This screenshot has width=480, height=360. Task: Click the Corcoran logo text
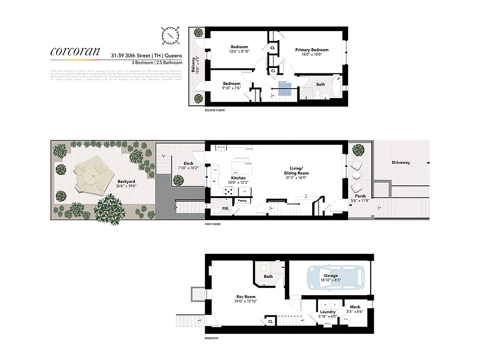(x=75, y=51)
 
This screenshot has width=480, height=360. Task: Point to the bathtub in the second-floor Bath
(x=336, y=87)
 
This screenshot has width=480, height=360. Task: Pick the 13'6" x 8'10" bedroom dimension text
(x=240, y=52)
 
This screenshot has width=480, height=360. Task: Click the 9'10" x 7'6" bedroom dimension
(x=232, y=88)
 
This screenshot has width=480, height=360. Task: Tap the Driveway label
(x=400, y=162)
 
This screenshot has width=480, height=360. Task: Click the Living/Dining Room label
(x=296, y=173)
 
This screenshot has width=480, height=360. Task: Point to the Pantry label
(x=242, y=201)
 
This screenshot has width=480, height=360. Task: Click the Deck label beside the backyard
(x=188, y=163)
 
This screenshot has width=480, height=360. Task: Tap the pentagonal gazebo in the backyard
(x=94, y=175)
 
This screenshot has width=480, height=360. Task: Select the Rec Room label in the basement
(x=246, y=297)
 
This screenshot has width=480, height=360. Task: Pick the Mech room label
(x=355, y=307)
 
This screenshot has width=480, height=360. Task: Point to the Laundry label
(x=328, y=312)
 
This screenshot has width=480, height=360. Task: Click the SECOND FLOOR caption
(x=215, y=110)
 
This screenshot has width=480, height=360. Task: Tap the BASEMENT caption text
(x=211, y=338)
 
